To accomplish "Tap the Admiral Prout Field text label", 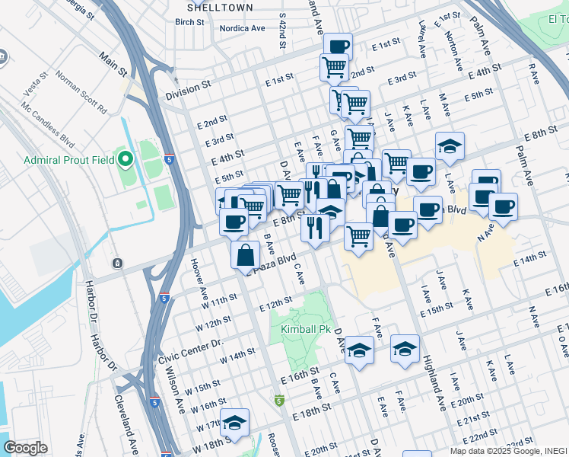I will [x=69, y=160].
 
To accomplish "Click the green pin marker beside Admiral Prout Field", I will [x=126, y=160].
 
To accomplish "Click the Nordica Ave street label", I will [x=242, y=28].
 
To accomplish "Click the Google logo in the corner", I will [x=25, y=448].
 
